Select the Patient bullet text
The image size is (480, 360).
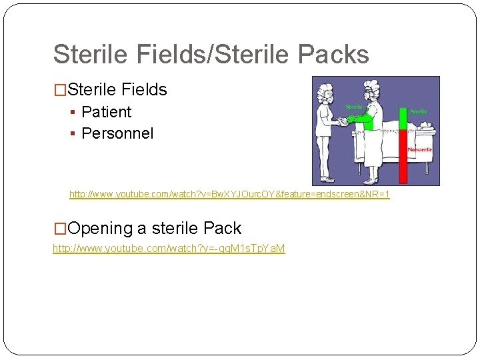pyautogui.click(x=106, y=112)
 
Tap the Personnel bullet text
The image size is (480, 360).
pyautogui.click(x=117, y=133)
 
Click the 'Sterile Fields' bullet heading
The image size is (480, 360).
pyautogui.click(x=117, y=89)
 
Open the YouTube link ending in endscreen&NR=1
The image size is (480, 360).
pyautogui.click(x=229, y=195)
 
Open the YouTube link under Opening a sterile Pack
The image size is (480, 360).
pyautogui.click(x=169, y=249)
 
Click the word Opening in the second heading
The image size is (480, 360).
pyautogui.click(x=100, y=229)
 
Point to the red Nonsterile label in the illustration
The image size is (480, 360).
pyautogui.click(x=420, y=149)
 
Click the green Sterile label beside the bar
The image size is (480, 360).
pyautogui.click(x=419, y=111)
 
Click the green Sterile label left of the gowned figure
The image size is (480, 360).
pyautogui.click(x=353, y=107)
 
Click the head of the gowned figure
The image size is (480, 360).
pyautogui.click(x=370, y=93)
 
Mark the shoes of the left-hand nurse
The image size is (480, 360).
pyautogui.click(x=327, y=179)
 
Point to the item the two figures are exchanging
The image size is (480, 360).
pyautogui.click(x=343, y=121)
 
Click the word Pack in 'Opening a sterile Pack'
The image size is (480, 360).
pyautogui.click(x=222, y=229)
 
